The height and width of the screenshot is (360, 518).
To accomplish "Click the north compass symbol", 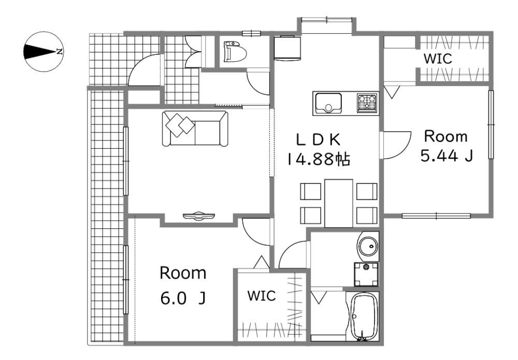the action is tap(44, 51).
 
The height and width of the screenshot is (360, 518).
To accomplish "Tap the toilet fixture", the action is tap(235, 52).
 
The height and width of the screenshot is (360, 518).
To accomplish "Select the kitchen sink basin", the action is tap(328, 103).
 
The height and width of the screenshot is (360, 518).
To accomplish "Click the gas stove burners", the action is tap(367, 103).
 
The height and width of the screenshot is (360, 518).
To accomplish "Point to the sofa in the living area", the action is tap(195, 128).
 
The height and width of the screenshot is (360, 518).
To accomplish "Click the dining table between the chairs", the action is tap(339, 203).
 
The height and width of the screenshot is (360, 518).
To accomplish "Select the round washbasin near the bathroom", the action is tap(368, 246).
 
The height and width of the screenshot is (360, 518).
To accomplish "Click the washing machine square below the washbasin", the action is tap(366, 274).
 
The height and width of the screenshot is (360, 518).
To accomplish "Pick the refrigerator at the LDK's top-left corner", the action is tap(287, 48).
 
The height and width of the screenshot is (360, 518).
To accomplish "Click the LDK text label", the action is tap(318, 140).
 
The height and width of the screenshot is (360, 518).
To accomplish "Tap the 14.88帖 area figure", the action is tap(319, 160).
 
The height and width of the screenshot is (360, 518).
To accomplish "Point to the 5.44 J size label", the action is tap(447, 155).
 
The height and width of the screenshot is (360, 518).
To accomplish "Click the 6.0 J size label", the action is tap(183, 298).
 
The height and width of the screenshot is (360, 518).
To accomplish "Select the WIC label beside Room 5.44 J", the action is tap(438, 59).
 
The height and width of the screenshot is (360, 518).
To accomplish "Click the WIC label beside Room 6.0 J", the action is tap(261, 296).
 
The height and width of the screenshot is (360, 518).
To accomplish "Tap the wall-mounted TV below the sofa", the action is tap(199, 215).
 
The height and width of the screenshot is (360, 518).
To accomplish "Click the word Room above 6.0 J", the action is tap(183, 273).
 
